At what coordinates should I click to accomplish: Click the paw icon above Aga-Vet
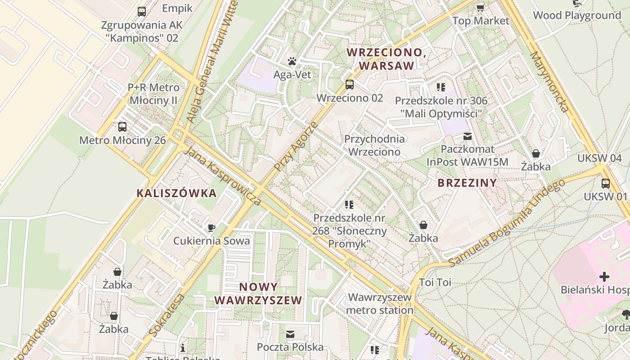[292, 61]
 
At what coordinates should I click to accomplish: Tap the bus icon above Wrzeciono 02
[349, 84]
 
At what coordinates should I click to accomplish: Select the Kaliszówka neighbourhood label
[176, 193]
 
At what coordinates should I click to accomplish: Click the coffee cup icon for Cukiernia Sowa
[211, 227]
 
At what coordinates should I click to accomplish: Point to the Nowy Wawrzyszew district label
[258, 293]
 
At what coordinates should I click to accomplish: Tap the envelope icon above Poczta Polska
[290, 334]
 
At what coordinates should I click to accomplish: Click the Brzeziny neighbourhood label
[467, 183]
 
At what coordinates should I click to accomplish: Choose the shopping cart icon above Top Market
[480, 8]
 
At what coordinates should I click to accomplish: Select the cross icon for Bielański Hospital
[604, 276]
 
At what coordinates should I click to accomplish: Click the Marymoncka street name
[549, 81]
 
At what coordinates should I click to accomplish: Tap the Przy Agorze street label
[296, 147]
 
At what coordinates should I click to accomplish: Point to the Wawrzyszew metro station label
[380, 303]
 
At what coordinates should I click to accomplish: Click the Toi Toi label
[435, 283]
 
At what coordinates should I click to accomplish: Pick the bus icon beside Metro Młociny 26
[122, 127]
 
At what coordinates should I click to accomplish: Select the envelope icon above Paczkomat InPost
[468, 136]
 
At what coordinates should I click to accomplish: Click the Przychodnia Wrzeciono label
[374, 145]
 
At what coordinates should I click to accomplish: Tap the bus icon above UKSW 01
[606, 183]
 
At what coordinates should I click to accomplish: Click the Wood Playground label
[577, 15]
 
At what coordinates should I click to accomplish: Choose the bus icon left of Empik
[142, 11]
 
